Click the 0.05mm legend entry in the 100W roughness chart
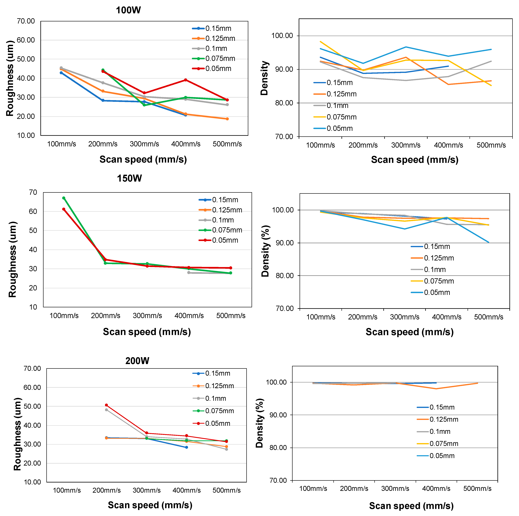212,69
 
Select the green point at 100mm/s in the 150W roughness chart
64,198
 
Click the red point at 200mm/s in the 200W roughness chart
106,405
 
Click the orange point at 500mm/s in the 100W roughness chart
227,119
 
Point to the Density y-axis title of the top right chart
264,78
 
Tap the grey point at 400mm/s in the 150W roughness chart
189,273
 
